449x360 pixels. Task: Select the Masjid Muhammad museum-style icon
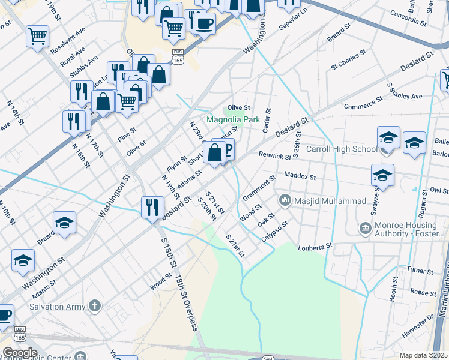pos(285,200)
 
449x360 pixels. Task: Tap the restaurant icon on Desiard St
pos(151,208)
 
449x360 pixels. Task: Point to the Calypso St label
pos(275,232)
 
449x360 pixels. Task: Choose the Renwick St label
pos(274,156)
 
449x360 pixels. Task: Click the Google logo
pos(19,353)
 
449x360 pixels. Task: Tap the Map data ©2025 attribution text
pos(424,355)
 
